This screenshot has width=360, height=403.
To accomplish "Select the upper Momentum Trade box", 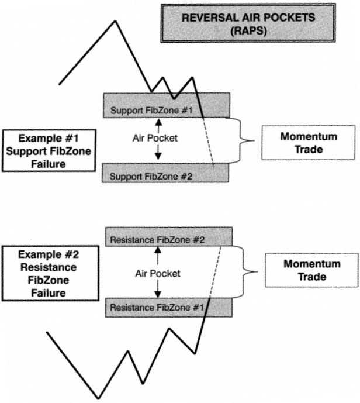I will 309,142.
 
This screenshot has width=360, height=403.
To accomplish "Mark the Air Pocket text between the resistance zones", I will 157,273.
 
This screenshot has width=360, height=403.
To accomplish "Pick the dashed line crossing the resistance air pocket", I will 214,272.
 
